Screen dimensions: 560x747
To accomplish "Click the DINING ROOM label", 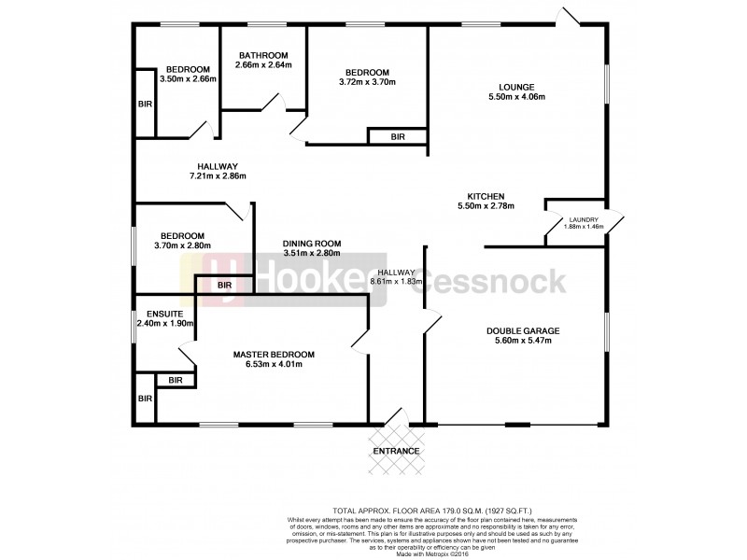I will tap(312, 243).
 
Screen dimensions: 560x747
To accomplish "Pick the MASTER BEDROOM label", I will tap(274, 354).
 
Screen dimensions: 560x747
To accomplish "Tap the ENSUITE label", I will tap(161, 313).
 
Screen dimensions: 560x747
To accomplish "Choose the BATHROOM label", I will tap(263, 55).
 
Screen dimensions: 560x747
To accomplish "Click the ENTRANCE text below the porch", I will tap(396, 451).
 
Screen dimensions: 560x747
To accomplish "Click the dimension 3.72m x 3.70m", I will tap(367, 83).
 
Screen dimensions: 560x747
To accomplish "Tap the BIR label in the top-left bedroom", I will tap(145, 105).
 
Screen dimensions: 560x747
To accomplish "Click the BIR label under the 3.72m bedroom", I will tap(398, 137).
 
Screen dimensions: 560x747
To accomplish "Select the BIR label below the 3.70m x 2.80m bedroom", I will tap(224, 285).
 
